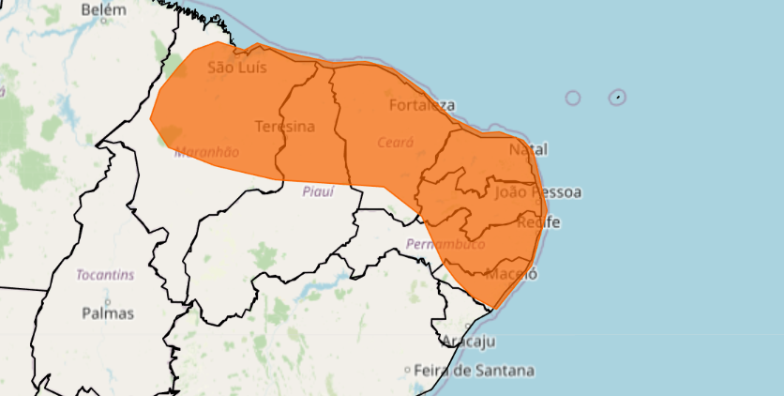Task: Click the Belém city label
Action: click(x=103, y=9)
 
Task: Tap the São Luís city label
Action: click(x=237, y=68)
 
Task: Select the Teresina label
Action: click(x=284, y=126)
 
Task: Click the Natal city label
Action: click(x=528, y=149)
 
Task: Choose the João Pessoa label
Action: click(x=537, y=192)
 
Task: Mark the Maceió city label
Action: click(x=513, y=274)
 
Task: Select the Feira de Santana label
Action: click(x=474, y=371)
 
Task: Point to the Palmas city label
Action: click(x=108, y=312)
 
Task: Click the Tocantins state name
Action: click(x=105, y=275)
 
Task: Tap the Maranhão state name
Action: click(x=206, y=151)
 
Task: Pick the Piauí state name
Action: click(x=319, y=191)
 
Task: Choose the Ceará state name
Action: click(x=395, y=143)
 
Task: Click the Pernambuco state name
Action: click(x=445, y=244)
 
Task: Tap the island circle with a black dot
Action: click(x=617, y=97)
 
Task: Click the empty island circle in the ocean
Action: click(x=572, y=98)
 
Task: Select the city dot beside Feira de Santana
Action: click(x=407, y=371)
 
